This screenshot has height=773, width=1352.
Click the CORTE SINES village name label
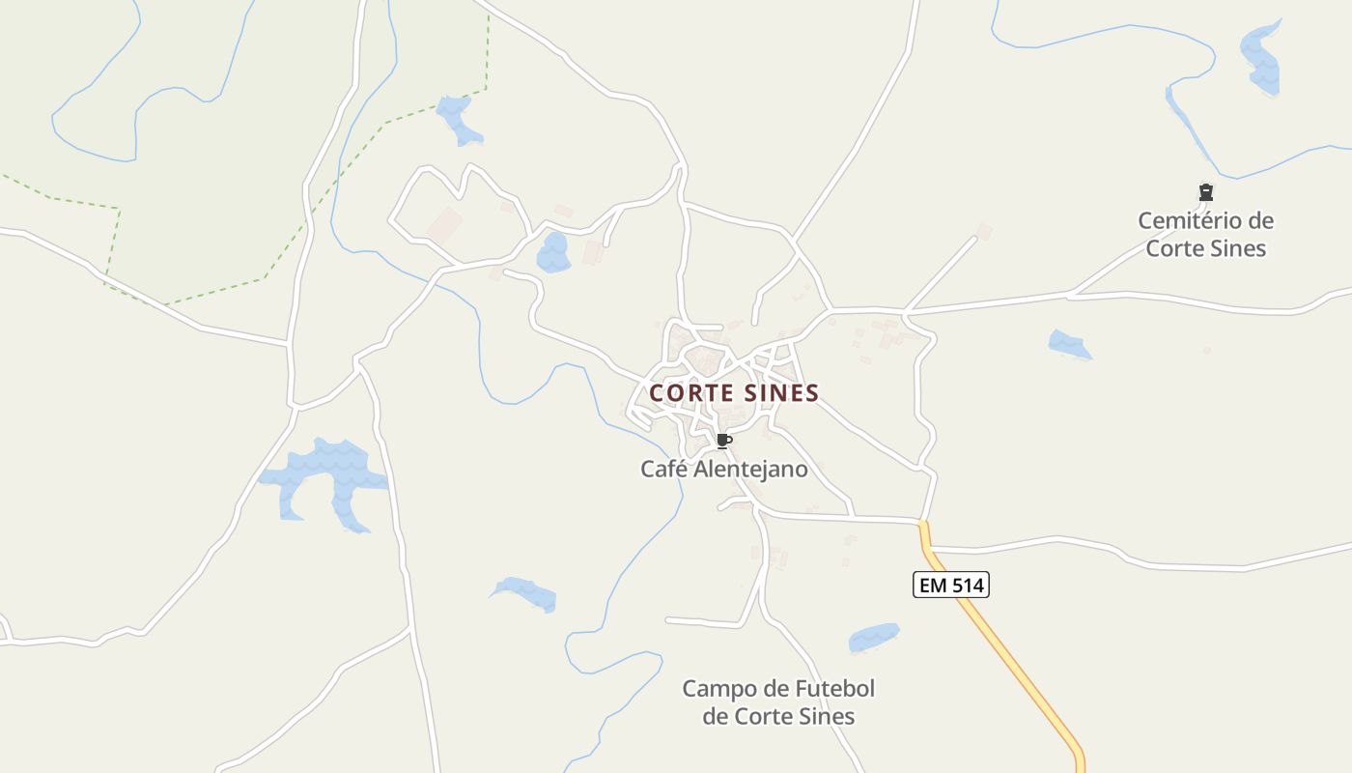click(x=734, y=393)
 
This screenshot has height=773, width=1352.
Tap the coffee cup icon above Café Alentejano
click(x=723, y=442)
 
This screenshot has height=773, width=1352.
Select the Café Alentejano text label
click(x=723, y=469)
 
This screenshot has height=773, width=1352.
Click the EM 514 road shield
click(x=951, y=585)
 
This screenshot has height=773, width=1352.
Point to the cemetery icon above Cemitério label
click(x=1205, y=192)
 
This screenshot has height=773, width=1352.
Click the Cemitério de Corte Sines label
click(x=1205, y=235)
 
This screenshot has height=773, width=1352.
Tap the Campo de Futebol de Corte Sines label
click(x=778, y=702)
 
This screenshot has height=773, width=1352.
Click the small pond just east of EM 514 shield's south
click(x=873, y=638)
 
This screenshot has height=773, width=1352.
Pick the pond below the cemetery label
click(x=1069, y=344)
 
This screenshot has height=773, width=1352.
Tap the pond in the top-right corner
click(x=1261, y=60)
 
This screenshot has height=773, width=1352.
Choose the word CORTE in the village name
click(x=688, y=393)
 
